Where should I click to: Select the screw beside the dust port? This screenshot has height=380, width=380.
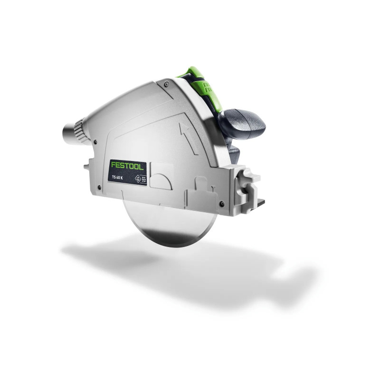pyautogui.click(x=95, y=141)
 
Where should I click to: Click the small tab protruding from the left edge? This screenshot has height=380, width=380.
pyautogui.click(x=87, y=167)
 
